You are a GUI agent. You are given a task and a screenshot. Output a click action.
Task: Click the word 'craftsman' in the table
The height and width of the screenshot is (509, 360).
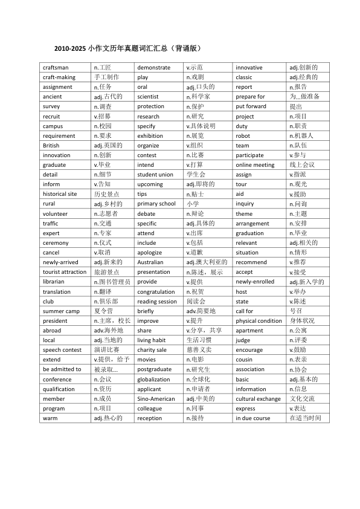click(56, 68)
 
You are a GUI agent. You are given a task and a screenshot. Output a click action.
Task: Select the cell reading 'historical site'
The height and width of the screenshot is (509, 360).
click(60, 194)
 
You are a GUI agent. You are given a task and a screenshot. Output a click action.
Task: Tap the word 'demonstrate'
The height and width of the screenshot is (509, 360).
click(153, 68)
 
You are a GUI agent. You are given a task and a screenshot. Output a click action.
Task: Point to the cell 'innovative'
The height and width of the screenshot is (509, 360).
click(249, 68)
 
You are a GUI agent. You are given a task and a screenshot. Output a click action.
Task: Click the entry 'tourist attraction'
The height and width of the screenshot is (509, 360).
click(65, 272)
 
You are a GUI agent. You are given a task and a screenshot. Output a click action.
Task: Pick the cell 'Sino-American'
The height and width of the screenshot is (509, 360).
click(155, 399)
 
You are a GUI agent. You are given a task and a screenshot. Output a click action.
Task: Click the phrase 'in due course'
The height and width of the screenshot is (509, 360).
click(253, 418)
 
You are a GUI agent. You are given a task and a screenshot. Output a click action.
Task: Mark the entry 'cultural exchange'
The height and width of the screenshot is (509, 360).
click(258, 399)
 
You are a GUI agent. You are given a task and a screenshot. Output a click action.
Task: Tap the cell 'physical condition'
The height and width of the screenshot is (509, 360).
click(259, 321)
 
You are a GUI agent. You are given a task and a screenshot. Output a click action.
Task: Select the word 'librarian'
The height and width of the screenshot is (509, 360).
click(54, 282)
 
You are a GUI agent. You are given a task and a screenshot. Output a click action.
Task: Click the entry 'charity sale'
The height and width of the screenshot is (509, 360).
click(152, 350)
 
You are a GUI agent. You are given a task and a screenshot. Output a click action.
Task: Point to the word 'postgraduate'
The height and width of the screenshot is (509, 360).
click(154, 369)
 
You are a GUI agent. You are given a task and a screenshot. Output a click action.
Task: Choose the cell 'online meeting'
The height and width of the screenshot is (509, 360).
click(255, 165)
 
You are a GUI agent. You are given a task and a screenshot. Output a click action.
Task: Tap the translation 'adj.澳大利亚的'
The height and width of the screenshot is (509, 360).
click(207, 262)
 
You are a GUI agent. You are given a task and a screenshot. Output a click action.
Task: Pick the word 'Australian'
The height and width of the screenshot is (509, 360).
click(150, 262)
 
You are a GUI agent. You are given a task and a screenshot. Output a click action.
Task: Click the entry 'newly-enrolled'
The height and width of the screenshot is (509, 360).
click(255, 282)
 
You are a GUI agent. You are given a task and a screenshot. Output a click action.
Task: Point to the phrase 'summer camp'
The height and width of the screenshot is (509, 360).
click(61, 311)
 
